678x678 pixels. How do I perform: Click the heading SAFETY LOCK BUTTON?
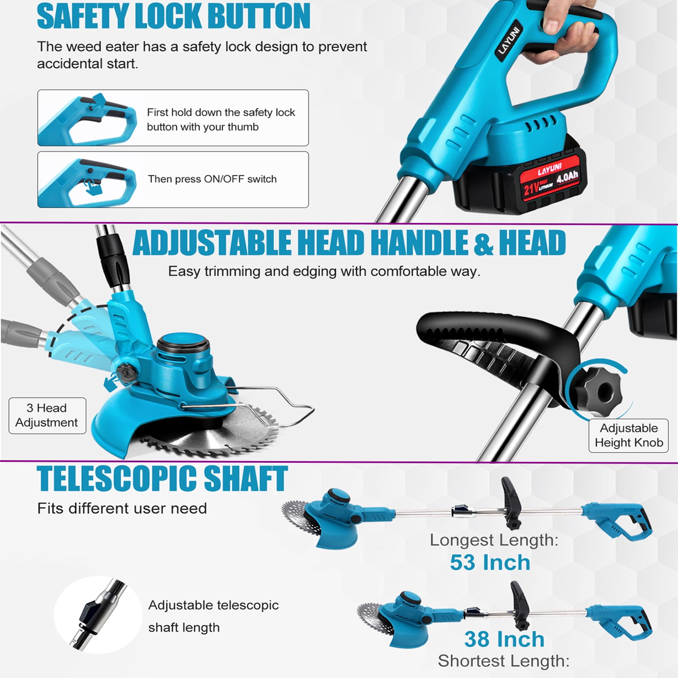coord(173,16)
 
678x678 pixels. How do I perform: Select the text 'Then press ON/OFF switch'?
coord(212,179)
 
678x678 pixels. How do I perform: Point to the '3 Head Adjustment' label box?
coord(47,415)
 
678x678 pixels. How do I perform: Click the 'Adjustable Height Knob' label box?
coord(628,436)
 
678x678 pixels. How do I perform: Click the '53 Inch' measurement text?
coord(490,563)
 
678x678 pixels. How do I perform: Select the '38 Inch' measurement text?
coord(504,639)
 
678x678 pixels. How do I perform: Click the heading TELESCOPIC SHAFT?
coord(162,479)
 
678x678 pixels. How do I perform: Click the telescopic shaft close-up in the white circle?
coord(98,614)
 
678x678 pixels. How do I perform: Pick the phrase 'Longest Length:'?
coord(494,540)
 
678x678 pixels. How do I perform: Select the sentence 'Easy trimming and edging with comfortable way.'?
coord(324,271)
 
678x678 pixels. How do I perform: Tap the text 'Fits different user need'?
coord(122,508)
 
